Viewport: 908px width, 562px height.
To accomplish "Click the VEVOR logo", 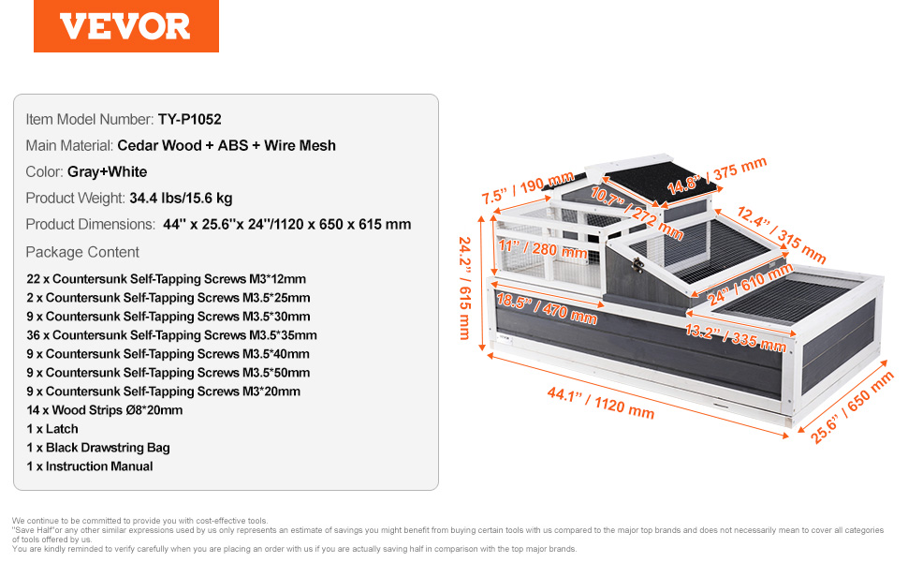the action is [x=125, y=26].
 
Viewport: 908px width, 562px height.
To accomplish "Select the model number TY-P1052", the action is [x=189, y=119].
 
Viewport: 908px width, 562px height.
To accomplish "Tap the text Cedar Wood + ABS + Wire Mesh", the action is [x=227, y=145].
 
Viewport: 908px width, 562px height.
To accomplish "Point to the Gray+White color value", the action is [x=107, y=172].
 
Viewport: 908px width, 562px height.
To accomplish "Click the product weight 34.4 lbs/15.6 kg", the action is [x=181, y=199].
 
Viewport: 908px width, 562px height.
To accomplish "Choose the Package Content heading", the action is [x=82, y=252].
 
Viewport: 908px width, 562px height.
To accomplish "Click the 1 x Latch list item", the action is [x=52, y=429].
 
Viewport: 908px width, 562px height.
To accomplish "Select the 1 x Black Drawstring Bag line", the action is [x=98, y=448].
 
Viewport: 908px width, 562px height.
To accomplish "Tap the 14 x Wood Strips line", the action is [x=104, y=410].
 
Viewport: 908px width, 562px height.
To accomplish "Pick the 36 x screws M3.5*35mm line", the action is [x=171, y=335].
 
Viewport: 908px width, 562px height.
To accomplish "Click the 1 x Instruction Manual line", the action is [x=90, y=466].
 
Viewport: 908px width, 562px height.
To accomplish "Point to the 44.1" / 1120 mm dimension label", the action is [x=601, y=403].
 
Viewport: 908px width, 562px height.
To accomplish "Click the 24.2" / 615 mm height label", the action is [x=465, y=288].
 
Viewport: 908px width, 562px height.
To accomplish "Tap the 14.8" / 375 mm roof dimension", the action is [x=717, y=175].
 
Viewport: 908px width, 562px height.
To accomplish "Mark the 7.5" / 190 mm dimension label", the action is [x=528, y=187].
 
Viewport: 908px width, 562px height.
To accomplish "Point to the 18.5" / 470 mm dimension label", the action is [x=547, y=309].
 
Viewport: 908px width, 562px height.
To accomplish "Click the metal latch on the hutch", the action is [x=638, y=265].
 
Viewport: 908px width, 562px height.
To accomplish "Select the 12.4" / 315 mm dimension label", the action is [x=782, y=235].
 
